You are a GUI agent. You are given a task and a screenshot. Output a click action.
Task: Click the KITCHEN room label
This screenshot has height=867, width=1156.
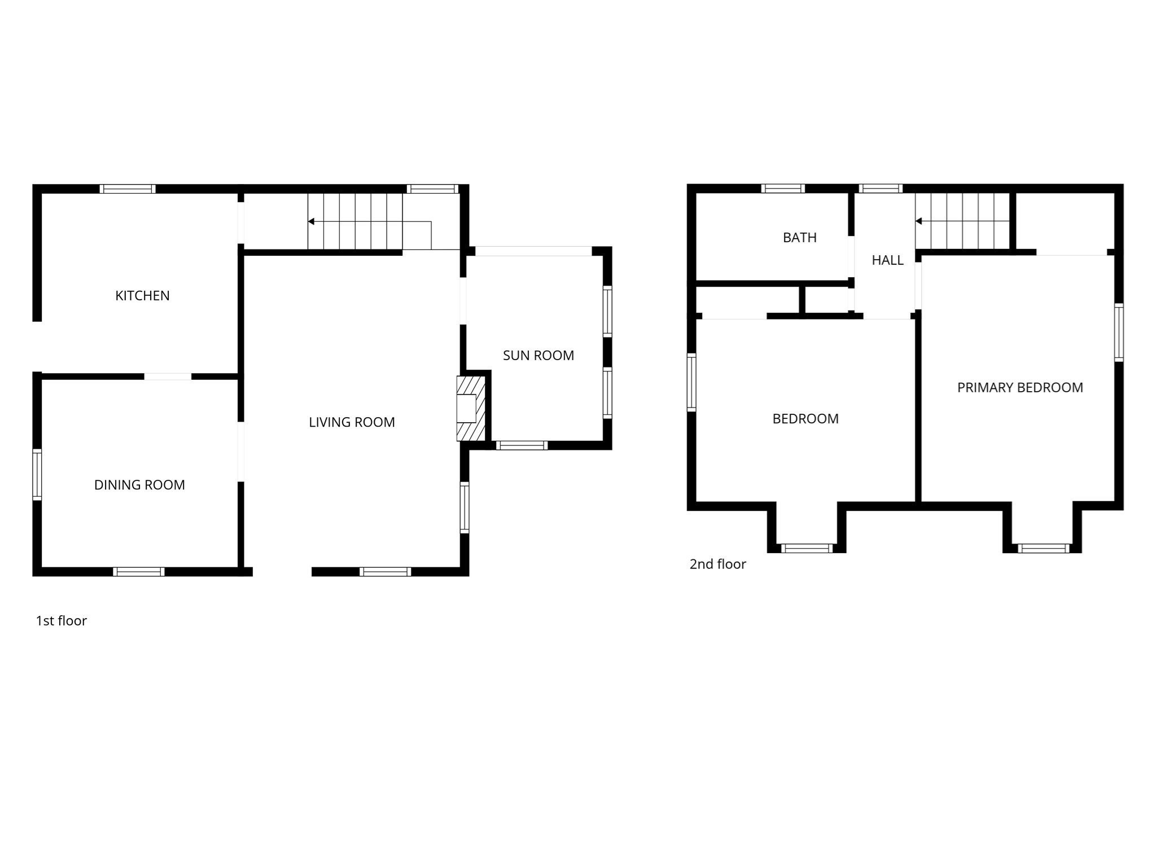pyautogui.click(x=142, y=296)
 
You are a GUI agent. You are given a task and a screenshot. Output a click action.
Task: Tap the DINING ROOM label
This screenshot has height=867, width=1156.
pyautogui.click(x=139, y=485)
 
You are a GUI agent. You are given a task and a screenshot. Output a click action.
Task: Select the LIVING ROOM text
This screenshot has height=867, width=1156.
pyautogui.click(x=352, y=422)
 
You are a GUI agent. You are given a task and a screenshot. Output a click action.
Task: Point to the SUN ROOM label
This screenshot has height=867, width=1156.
pyautogui.click(x=538, y=356)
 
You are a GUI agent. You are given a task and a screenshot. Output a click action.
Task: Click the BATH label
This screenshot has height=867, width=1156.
pyautogui.click(x=799, y=238)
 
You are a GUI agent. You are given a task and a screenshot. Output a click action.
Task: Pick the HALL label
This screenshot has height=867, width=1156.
pyautogui.click(x=887, y=260)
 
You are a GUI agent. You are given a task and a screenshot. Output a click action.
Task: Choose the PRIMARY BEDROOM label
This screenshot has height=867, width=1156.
pyautogui.click(x=1020, y=388)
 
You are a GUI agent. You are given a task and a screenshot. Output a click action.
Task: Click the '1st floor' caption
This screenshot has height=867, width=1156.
pyautogui.click(x=61, y=621)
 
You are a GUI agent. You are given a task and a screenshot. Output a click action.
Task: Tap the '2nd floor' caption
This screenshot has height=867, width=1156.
pyautogui.click(x=717, y=564)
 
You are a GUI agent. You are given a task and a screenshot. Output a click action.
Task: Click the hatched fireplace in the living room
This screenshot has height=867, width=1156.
pyautogui.click(x=470, y=408)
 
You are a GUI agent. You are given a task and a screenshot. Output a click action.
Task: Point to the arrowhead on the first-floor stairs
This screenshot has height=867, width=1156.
pyautogui.click(x=311, y=221)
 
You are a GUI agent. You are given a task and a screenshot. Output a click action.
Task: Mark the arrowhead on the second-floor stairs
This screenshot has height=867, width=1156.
pyautogui.click(x=918, y=221)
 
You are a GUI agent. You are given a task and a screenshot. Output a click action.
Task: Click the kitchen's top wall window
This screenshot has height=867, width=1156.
pyautogui.click(x=128, y=189)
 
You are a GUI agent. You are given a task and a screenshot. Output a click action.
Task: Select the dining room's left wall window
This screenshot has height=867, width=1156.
pyautogui.click(x=37, y=475)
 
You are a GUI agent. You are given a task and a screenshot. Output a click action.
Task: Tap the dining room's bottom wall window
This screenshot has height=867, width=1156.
pyautogui.click(x=139, y=572)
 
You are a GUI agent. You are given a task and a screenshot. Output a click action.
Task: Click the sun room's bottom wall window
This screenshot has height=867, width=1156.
pyautogui.click(x=522, y=445)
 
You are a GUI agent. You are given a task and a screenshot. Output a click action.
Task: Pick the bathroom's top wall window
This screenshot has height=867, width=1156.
pyautogui.click(x=782, y=189)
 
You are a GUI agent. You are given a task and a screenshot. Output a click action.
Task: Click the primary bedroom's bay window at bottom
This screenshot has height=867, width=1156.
pyautogui.click(x=1043, y=548)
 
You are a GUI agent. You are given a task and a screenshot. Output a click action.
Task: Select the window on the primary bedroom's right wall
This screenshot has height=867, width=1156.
pyautogui.click(x=1119, y=332)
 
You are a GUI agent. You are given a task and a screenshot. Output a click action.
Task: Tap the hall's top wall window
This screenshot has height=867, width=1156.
pyautogui.click(x=881, y=189)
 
